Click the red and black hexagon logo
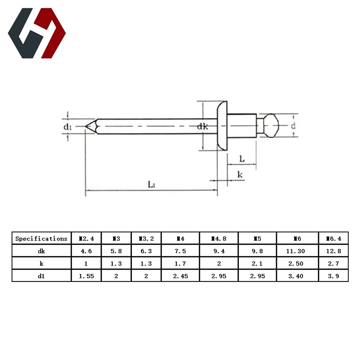(x=37, y=33)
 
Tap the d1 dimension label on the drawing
(x=68, y=127)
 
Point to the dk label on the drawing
(x=202, y=126)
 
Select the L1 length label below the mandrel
(x=151, y=184)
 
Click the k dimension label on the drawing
(x=240, y=175)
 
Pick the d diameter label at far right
(x=293, y=126)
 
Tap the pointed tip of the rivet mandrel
(x=86, y=126)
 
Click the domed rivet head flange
(x=222, y=126)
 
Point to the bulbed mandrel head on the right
(x=271, y=126)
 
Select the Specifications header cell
(x=41, y=239)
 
